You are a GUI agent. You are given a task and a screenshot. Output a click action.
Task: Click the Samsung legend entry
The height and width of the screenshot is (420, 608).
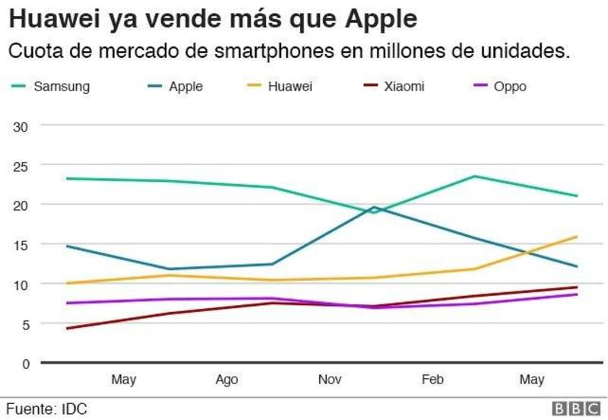[50, 86]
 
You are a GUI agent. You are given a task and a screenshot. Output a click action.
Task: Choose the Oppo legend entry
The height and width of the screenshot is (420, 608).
[501, 86]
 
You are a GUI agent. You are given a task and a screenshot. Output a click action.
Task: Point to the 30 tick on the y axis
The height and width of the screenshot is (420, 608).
[21, 127]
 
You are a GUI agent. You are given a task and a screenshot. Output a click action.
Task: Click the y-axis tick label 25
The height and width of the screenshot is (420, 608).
[21, 167]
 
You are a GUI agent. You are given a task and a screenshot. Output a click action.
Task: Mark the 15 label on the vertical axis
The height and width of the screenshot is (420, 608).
[21, 245]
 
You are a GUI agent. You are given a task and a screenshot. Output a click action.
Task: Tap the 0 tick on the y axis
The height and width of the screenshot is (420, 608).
[26, 364]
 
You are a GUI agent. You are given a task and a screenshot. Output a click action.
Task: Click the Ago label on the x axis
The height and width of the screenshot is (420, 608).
[226, 379]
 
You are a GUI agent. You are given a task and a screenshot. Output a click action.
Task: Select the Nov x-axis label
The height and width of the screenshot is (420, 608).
[330, 379]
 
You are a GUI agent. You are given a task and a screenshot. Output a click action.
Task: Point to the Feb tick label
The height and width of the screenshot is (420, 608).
[432, 379]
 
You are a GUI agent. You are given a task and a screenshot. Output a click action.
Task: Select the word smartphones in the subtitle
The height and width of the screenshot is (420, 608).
[274, 51]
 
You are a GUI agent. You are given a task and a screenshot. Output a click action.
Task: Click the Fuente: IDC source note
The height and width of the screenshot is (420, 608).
[47, 409]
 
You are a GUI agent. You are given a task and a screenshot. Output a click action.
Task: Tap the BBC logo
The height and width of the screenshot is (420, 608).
[576, 409]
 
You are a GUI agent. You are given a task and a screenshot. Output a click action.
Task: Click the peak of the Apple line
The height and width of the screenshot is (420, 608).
[374, 207]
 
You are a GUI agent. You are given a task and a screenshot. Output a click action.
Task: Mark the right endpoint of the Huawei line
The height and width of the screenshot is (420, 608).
[577, 237]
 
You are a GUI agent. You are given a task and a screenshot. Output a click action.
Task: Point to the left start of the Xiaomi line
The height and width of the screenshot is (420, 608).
[68, 329]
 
